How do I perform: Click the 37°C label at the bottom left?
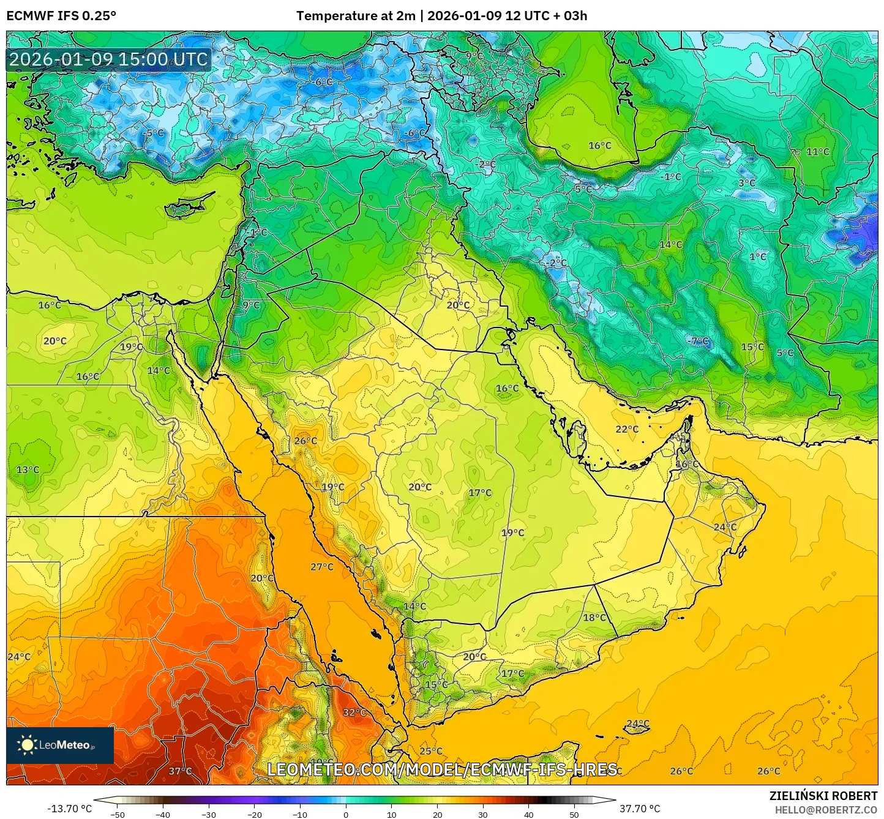coord(180,771)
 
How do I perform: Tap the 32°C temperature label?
coord(354,712)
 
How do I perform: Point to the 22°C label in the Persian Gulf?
coord(627,429)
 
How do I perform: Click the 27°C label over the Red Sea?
coord(321,567)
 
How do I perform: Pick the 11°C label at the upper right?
coord(817,152)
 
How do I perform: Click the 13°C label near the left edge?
coord(28,469)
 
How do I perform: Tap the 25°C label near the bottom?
coord(430,751)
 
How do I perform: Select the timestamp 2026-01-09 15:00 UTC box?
coord(108,59)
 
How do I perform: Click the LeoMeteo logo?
coord(59,745)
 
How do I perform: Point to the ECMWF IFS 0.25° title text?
coord(61,16)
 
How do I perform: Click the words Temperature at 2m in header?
coord(356,16)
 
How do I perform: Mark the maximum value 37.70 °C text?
coord(640,809)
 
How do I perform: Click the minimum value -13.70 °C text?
coord(69,809)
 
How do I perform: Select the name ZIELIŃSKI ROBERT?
coord(823,796)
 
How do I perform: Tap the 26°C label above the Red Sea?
coord(305,441)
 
